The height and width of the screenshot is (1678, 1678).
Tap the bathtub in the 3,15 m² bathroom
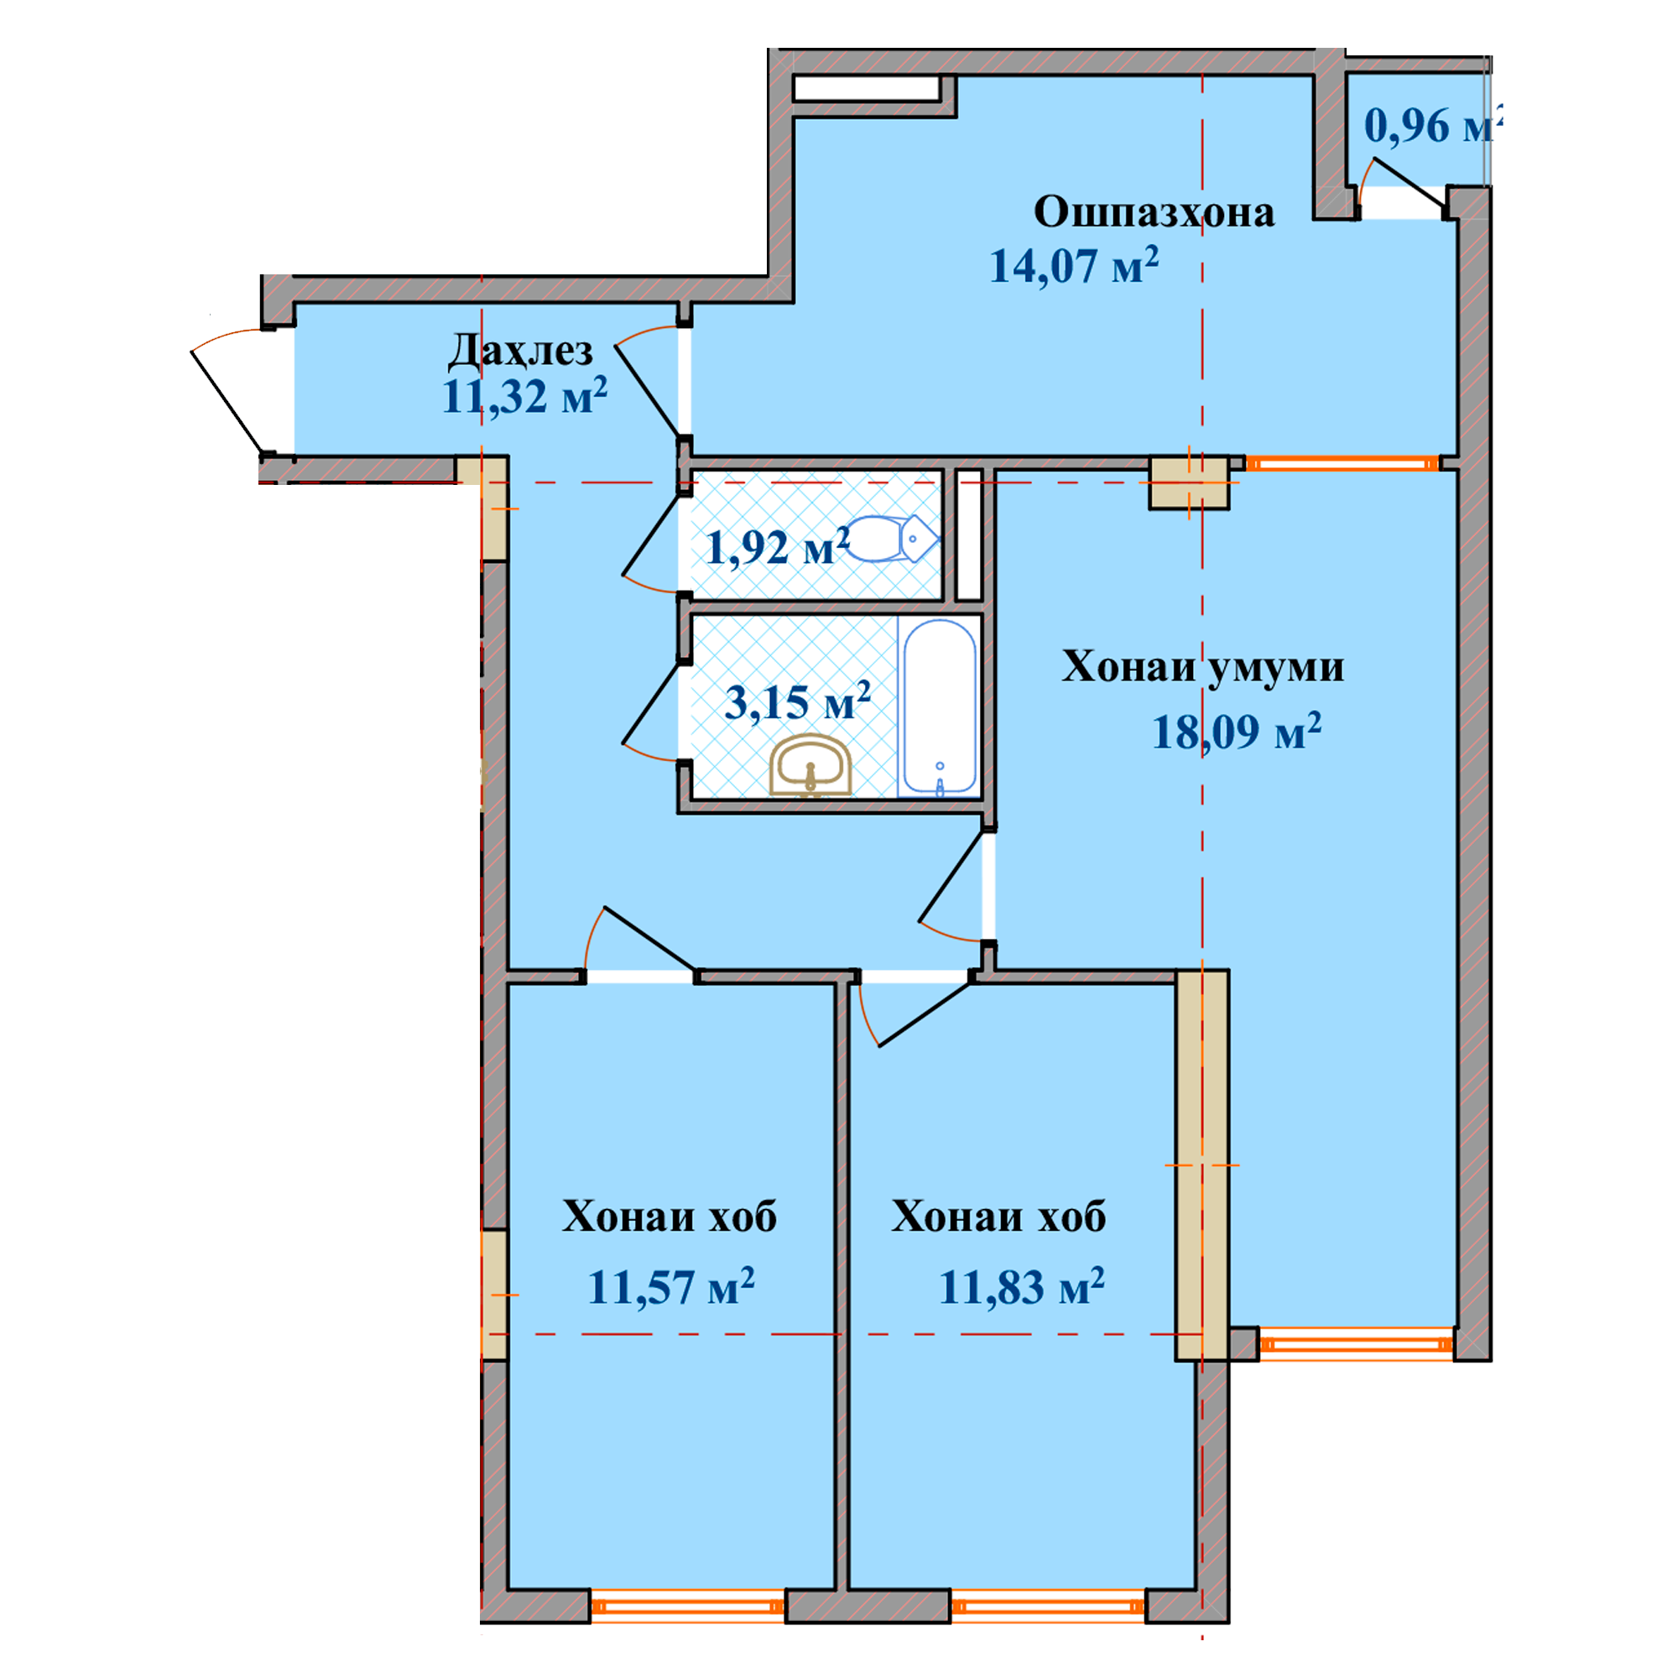(940, 707)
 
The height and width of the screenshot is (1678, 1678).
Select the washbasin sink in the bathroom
(810, 765)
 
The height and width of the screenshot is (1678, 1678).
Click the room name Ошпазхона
(1154, 212)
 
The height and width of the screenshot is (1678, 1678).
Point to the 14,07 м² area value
(1075, 265)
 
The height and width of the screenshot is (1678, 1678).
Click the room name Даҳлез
(521, 350)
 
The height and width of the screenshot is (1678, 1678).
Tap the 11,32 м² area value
(524, 396)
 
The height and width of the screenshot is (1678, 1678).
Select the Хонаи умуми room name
(1203, 667)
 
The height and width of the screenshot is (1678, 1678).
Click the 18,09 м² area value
(1237, 731)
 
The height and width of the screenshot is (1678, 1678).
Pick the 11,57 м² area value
(671, 1286)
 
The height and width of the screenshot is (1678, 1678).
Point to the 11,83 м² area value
(1021, 1286)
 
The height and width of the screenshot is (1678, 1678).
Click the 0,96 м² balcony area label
(1432, 126)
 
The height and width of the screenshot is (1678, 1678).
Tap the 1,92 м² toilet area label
(779, 547)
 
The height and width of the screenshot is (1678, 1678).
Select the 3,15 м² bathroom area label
(797, 701)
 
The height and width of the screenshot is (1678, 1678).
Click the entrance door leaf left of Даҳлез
(227, 401)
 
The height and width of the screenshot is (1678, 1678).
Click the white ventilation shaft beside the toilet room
(968, 534)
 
